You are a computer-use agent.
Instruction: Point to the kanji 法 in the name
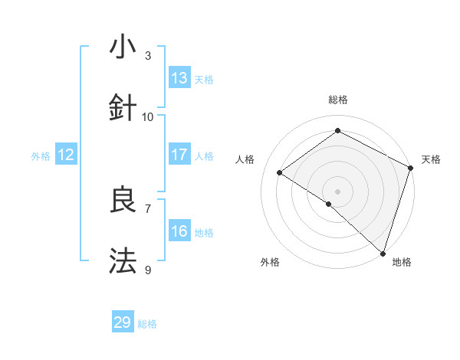click(122, 260)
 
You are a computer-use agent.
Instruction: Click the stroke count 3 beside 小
click(148, 56)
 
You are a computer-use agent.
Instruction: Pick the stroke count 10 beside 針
click(148, 116)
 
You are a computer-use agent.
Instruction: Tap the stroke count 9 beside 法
click(148, 269)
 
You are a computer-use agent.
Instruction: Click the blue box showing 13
click(179, 78)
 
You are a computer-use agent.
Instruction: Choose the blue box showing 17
click(179, 155)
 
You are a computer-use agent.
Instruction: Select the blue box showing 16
click(179, 231)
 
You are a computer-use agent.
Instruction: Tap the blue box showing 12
click(65, 155)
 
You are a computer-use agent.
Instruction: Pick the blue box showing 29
click(122, 322)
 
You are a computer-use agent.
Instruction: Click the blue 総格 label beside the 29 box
click(147, 324)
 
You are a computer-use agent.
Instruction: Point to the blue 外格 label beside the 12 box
click(41, 156)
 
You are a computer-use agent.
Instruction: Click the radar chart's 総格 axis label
click(337, 100)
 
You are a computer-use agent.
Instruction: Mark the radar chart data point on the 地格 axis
click(382, 253)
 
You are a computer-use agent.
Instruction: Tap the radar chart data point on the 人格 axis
click(280, 173)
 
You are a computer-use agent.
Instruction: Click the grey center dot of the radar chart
click(337, 191)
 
